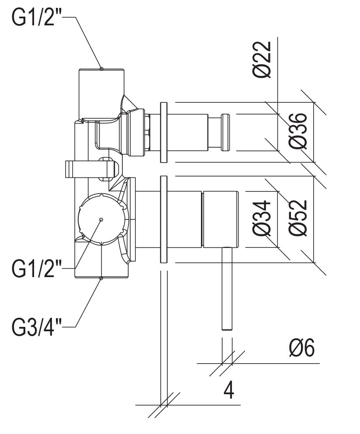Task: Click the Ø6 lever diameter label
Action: click(x=301, y=348)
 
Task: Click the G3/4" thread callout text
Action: click(x=37, y=327)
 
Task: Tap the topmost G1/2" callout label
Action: click(x=37, y=18)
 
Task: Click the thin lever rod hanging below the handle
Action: click(x=227, y=288)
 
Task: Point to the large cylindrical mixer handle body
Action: click(x=220, y=219)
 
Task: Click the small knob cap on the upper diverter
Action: click(x=225, y=133)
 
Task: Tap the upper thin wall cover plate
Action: click(x=164, y=132)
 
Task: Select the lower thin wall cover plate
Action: click(x=164, y=219)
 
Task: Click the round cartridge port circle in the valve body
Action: click(x=101, y=219)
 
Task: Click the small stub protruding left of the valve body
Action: click(x=77, y=169)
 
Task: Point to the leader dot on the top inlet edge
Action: click(x=101, y=68)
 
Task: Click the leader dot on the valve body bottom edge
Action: click(x=101, y=278)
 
